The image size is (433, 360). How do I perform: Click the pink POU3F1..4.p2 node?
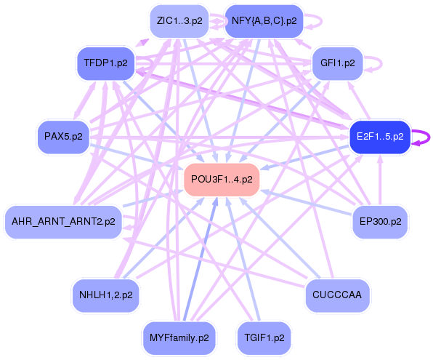222,179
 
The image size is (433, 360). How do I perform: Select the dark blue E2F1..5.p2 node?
380,137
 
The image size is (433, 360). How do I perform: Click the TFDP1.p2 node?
106,63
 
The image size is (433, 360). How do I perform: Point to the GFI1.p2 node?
337,63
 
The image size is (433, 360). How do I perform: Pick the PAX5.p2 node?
63,136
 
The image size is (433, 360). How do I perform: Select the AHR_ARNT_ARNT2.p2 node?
63,222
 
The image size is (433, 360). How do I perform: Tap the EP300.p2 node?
379,221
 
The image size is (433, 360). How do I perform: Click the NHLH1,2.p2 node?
106,295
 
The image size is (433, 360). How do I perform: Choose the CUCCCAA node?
337,295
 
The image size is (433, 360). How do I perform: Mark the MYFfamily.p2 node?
179,337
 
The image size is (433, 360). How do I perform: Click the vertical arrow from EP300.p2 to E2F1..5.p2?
379,182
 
